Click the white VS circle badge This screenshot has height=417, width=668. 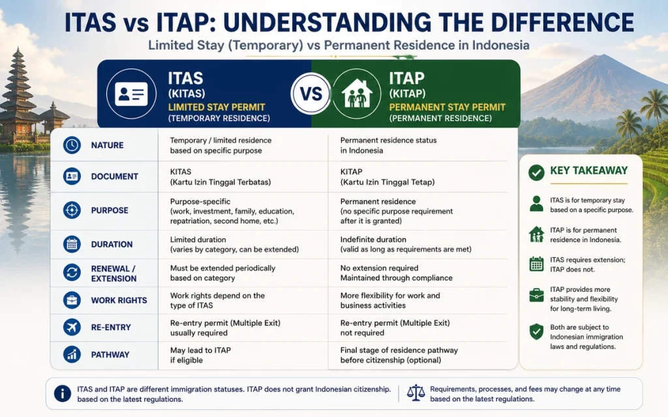(311, 94)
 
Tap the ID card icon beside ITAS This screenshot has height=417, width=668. (131, 94)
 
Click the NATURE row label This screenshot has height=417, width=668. (108, 145)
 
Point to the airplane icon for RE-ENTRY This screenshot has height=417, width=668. (72, 327)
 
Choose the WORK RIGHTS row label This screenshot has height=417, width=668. (119, 300)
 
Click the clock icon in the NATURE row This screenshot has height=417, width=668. (72, 145)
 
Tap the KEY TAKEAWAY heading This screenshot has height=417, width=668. (589, 171)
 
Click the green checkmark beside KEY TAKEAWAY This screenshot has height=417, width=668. (536, 172)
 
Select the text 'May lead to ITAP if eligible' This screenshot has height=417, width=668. (201, 355)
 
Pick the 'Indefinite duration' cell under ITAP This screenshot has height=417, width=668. (373, 240)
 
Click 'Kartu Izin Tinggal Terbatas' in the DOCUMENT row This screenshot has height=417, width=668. (220, 182)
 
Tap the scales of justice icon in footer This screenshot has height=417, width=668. (416, 393)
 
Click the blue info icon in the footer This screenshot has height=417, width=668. (63, 394)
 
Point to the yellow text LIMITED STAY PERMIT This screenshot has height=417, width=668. (217, 108)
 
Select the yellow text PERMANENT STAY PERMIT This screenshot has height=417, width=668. (448, 108)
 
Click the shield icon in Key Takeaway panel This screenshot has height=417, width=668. (536, 332)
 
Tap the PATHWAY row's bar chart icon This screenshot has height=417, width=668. (72, 354)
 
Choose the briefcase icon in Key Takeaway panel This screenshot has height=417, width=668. (536, 295)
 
